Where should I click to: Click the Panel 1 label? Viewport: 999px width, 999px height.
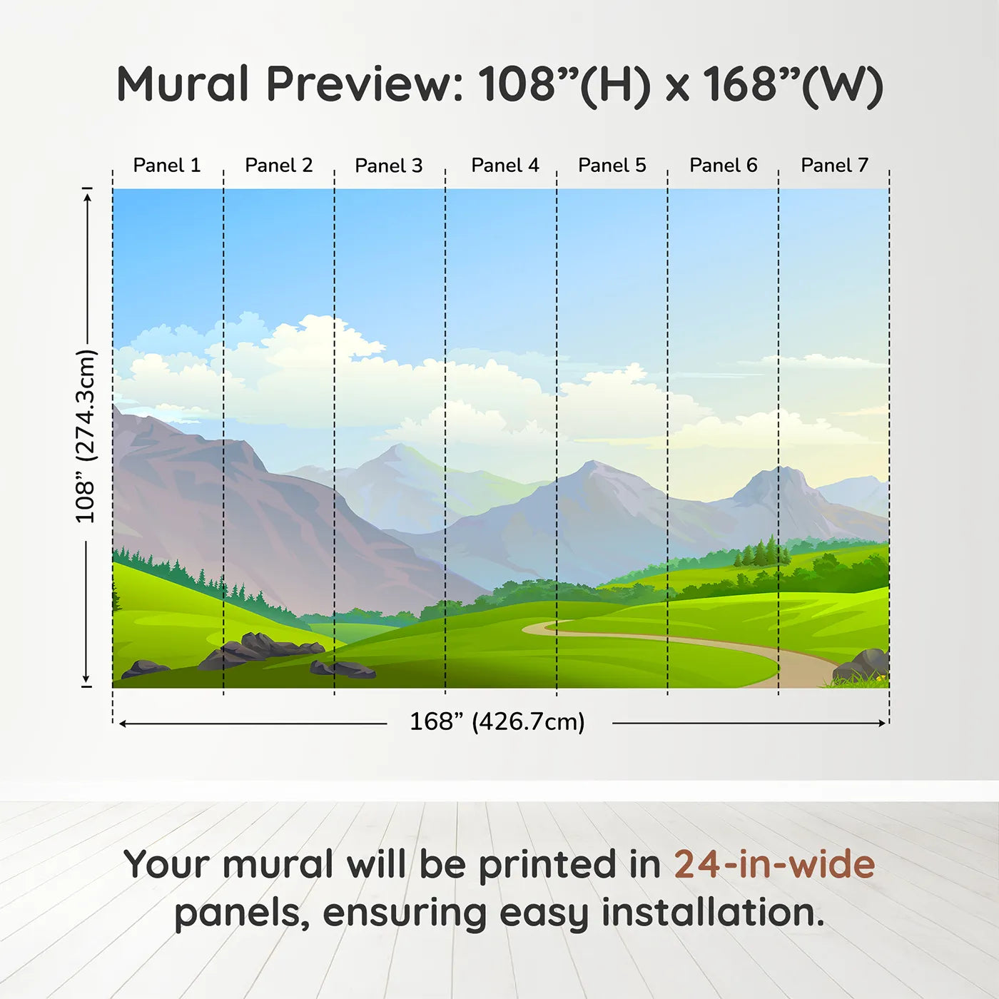click(166, 166)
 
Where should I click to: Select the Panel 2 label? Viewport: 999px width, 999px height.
click(279, 166)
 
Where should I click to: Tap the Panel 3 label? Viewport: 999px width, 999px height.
click(389, 166)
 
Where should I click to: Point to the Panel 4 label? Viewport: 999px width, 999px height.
click(505, 166)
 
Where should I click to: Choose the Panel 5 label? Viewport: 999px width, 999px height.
click(612, 166)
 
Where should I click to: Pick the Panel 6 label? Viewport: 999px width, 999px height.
click(723, 166)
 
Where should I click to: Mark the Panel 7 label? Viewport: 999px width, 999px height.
click(835, 166)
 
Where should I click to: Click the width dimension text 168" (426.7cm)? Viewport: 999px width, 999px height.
click(497, 722)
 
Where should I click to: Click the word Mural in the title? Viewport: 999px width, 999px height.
click(183, 84)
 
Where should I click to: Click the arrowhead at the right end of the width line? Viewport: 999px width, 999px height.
click(883, 723)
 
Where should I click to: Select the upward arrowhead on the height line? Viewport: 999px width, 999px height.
click(88, 198)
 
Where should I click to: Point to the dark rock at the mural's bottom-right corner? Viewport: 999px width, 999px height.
click(861, 665)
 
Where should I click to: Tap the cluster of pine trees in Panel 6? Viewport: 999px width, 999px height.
click(760, 552)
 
